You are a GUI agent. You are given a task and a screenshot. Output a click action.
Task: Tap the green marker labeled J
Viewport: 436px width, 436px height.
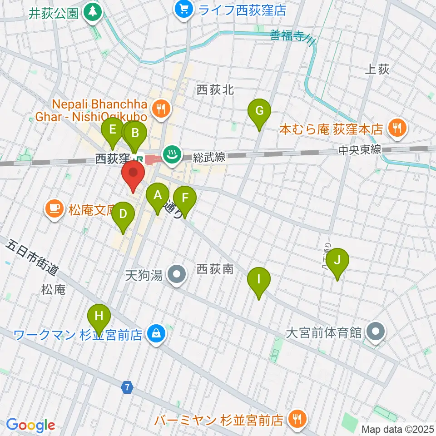pyautogui.click(x=337, y=261)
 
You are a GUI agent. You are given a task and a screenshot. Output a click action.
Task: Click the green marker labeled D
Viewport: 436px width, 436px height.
pyautogui.click(x=123, y=214)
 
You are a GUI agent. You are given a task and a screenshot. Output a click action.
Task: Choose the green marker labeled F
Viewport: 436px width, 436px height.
pyautogui.click(x=185, y=198)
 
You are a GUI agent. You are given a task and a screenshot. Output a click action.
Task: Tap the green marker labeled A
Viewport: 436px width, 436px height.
pyautogui.click(x=158, y=196)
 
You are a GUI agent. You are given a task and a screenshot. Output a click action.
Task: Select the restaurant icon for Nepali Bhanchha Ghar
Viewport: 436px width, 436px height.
pyautogui.click(x=160, y=109)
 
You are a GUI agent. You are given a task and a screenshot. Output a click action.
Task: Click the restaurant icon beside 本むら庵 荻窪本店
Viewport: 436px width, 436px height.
pyautogui.click(x=397, y=129)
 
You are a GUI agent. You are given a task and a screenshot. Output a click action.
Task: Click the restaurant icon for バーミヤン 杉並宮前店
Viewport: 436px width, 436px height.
pyautogui.click(x=297, y=418)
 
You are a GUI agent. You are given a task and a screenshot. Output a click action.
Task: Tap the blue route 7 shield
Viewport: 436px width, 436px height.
pyautogui.click(x=128, y=387)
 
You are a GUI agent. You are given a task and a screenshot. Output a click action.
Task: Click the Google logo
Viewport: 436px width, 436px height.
pyautogui.click(x=31, y=425)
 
